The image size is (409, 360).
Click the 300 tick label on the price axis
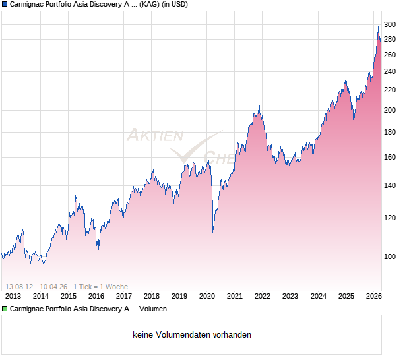coord(389,25)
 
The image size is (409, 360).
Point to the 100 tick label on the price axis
coord(389,256)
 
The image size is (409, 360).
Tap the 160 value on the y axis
coord(389,157)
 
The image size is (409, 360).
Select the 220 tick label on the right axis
coord(389,90)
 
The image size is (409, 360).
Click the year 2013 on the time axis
coord(13,296)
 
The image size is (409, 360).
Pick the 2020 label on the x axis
coord(207,296)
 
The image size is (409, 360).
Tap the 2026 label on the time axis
coord(373,296)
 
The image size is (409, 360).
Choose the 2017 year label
coord(124,296)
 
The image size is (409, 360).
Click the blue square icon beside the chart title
coord(5,5)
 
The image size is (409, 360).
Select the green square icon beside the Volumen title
coord(5,309)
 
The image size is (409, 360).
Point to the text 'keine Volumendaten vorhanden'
coord(192,335)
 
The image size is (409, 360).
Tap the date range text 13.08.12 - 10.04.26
coord(36,287)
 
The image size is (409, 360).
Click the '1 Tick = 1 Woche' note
coord(100,287)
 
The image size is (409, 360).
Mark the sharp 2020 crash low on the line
coord(212,232)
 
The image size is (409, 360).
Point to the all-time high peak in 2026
coord(378,26)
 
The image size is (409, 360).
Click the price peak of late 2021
coord(259,106)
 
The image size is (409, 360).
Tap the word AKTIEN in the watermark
coord(154,136)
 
